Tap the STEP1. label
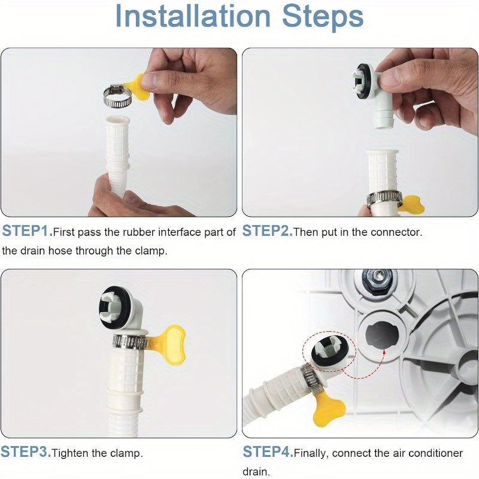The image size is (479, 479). (27, 231)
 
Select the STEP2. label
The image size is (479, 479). (267, 231)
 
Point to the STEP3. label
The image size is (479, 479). (25, 452)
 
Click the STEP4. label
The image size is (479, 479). (268, 452)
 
